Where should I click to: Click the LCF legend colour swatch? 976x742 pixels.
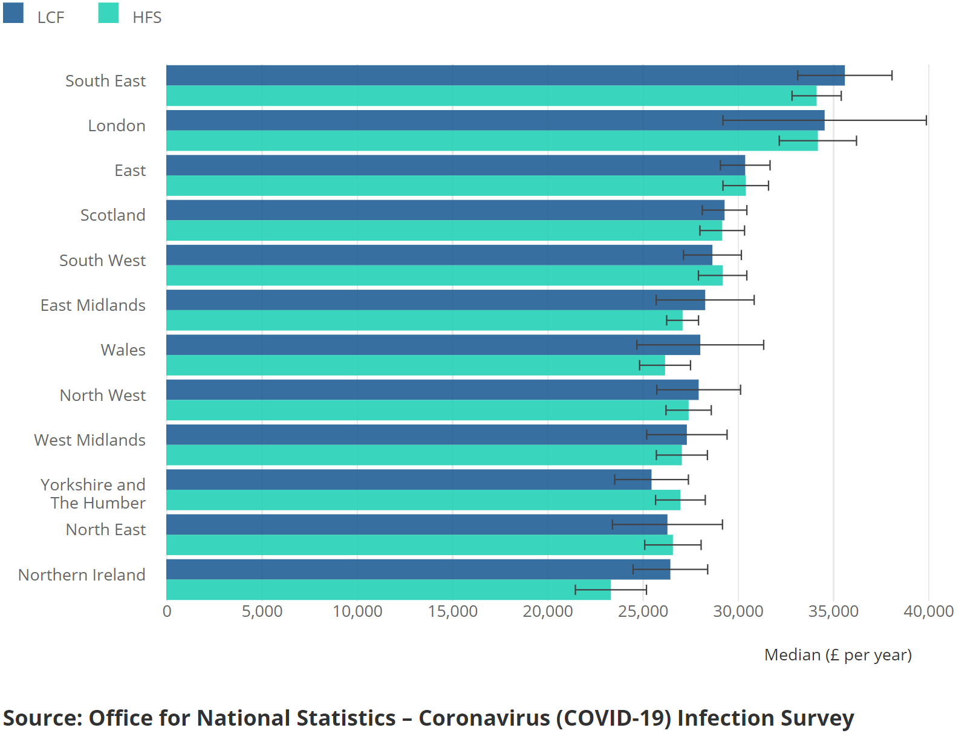[x=13, y=13]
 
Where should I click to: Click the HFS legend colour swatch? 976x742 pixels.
[x=108, y=13]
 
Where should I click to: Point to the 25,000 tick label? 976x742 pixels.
[x=643, y=611]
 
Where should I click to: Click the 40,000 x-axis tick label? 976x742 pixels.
[x=928, y=611]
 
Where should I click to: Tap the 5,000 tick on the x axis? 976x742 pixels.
[x=262, y=611]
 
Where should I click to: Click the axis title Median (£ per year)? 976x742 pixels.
[x=838, y=655]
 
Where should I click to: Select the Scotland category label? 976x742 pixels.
[x=112, y=215]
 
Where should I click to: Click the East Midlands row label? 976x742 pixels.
[x=93, y=305]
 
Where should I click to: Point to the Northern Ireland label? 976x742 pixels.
[x=82, y=574]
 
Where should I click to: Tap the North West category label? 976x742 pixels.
[x=102, y=395]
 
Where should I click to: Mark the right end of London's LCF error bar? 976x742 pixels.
[x=926, y=120]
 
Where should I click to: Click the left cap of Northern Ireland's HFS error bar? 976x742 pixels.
[x=575, y=590]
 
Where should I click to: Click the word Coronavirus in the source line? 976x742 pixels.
[x=484, y=718]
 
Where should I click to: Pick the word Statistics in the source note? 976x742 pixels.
[x=296, y=718]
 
